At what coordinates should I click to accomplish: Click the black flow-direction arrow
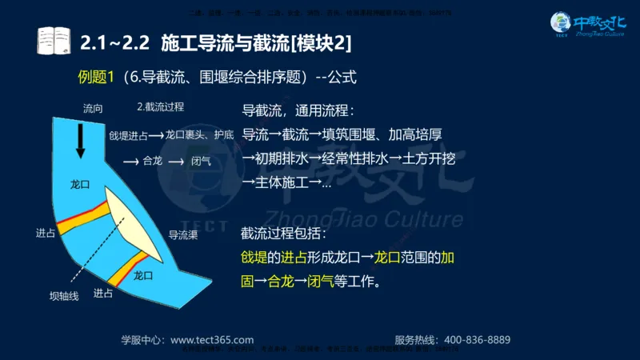[81, 142]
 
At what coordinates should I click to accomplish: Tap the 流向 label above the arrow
[92, 107]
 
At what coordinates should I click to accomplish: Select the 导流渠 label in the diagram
[182, 235]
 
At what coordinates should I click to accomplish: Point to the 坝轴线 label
[64, 296]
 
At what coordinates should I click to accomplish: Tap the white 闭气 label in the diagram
[202, 161]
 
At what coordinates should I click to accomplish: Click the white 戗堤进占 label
[128, 135]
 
